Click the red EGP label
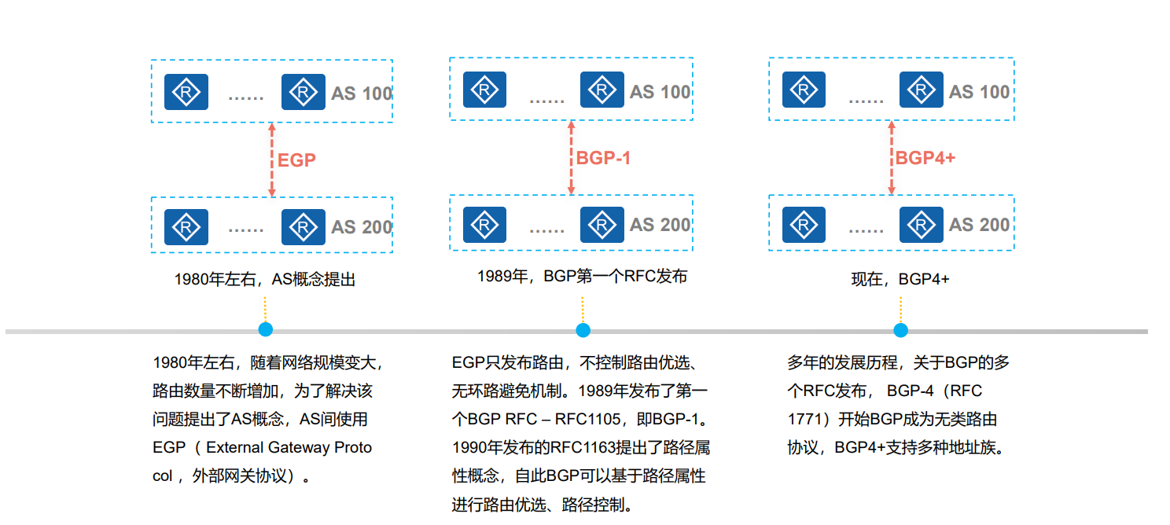coord(296,160)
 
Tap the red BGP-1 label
coord(603,158)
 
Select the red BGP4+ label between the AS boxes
coord(925,158)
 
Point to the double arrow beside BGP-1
coord(572,158)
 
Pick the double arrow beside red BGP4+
coord(892,158)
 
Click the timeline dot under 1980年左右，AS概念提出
coord(266,330)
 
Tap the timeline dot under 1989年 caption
coord(583,330)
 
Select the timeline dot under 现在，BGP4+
coord(900,330)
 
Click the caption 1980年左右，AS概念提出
coord(265,279)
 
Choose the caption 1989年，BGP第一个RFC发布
coord(582,277)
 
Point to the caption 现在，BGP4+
coord(900,279)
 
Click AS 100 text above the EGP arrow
coord(362,94)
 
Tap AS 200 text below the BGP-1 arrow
coord(660,225)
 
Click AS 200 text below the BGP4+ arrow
coord(979,225)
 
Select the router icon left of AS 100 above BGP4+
coord(921,90)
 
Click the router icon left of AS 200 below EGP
coord(304,227)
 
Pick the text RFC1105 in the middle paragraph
coord(588,419)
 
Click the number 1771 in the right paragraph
coord(804,419)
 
